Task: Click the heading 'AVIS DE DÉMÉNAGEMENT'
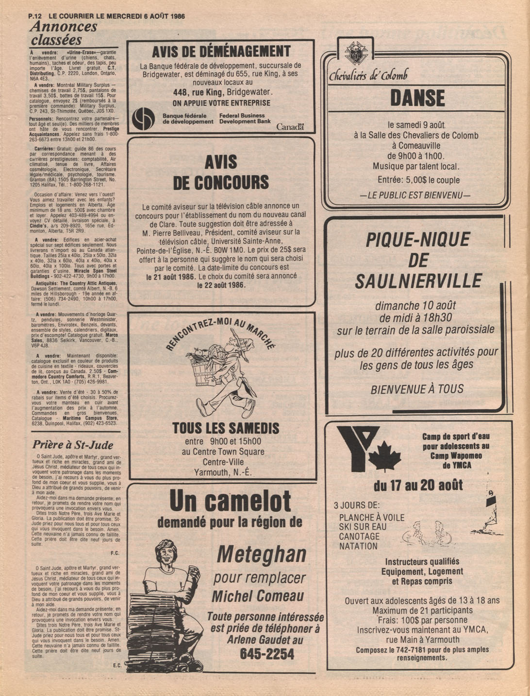tap(221, 52)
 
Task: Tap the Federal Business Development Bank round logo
tap(144, 119)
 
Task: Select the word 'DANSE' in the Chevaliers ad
tap(417, 98)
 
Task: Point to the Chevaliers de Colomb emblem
tap(356, 53)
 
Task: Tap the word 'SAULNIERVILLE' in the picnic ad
tap(418, 281)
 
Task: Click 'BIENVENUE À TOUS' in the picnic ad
tap(417, 389)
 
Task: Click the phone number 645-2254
tap(266, 654)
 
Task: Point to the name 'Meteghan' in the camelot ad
tap(262, 554)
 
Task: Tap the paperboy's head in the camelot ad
tap(166, 553)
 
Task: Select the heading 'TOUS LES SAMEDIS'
tap(226, 428)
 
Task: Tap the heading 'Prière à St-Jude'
tap(73, 445)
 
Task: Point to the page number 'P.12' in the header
tap(35, 16)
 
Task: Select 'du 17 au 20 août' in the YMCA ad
tap(418, 485)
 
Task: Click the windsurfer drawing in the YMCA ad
tap(488, 513)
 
